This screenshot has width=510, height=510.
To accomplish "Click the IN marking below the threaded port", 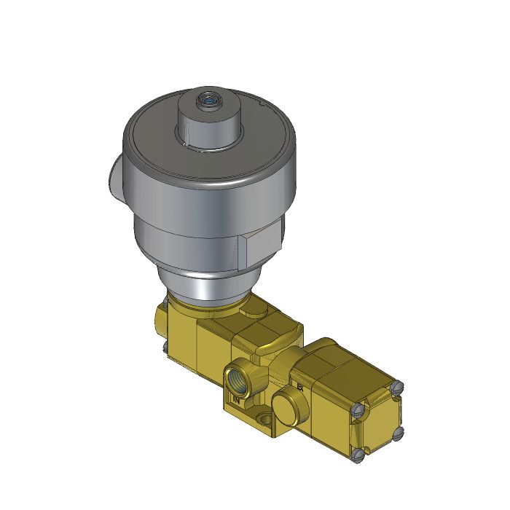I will coord(236,400).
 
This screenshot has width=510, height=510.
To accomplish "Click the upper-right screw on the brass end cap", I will coord(398,388).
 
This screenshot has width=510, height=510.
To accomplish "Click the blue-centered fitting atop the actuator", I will coord(211,98).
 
